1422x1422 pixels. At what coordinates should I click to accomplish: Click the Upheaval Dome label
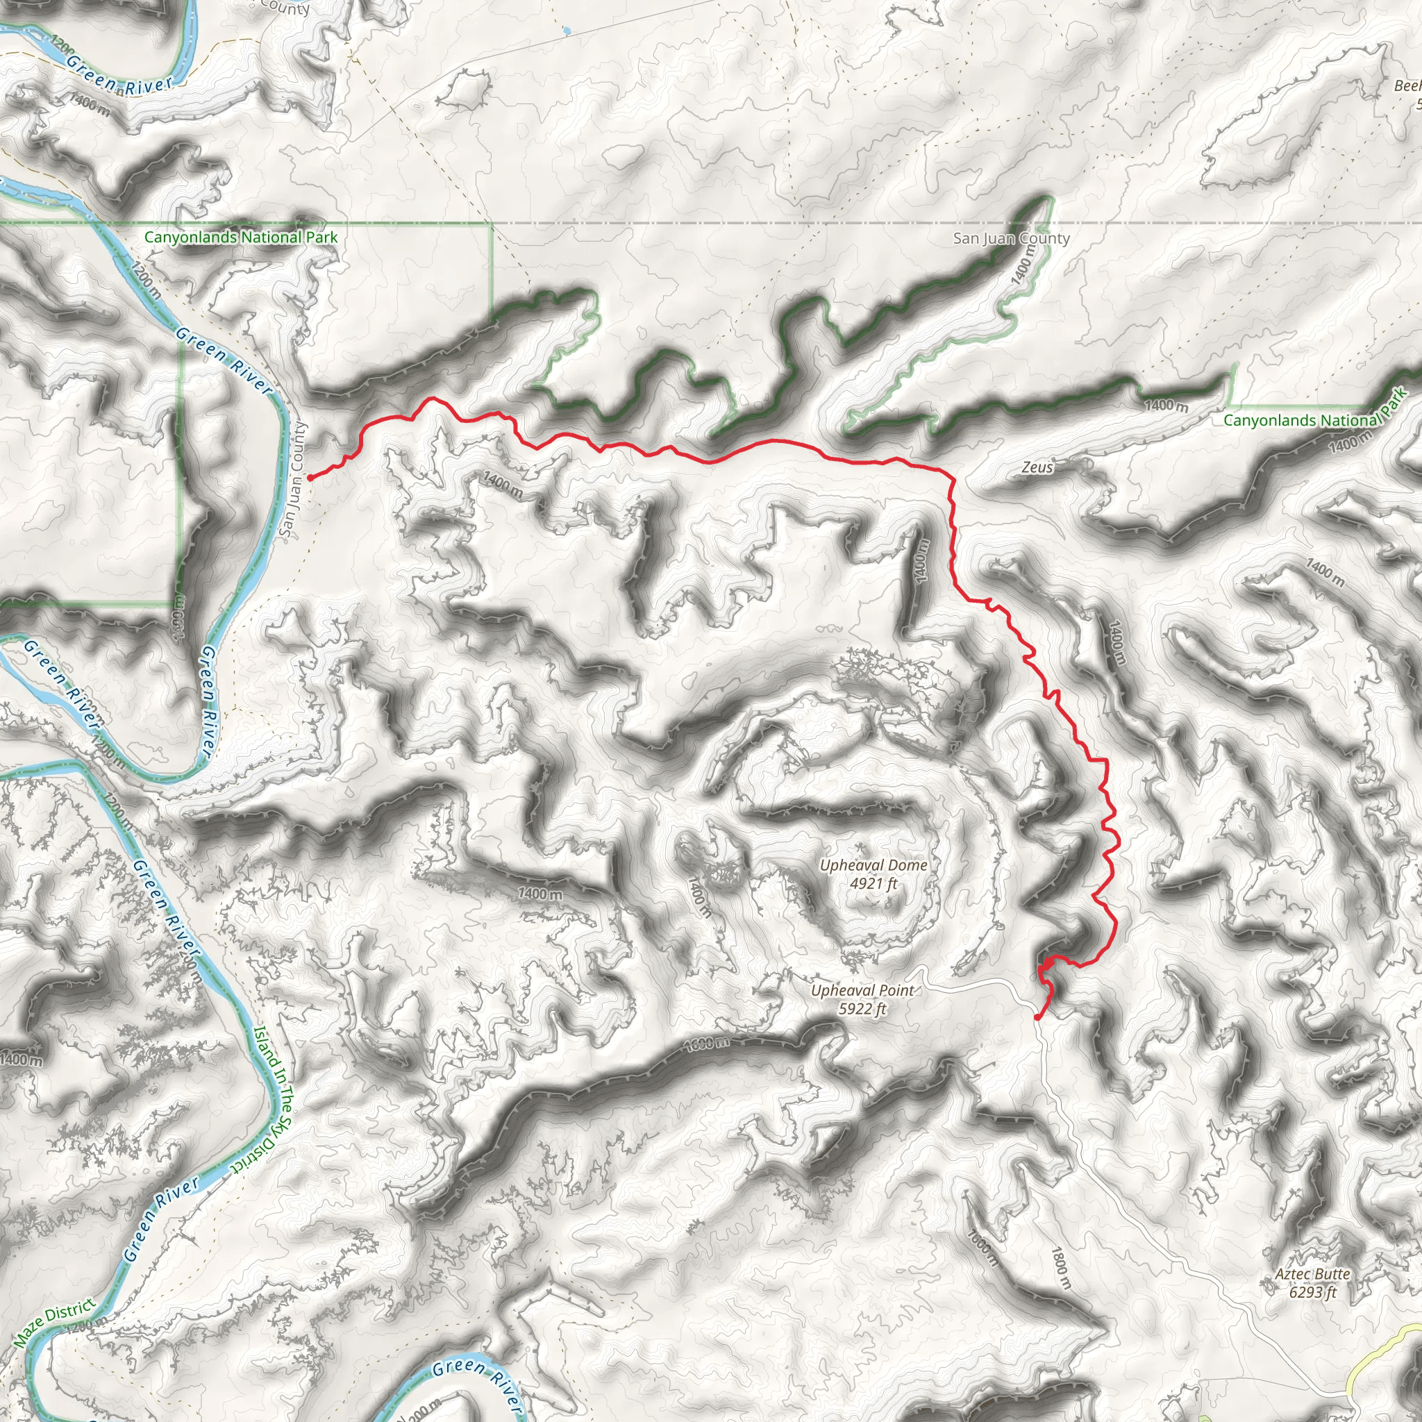[x=873, y=866]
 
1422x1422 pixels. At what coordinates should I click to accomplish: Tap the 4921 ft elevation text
[x=873, y=883]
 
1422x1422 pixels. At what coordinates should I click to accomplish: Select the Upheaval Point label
[x=862, y=991]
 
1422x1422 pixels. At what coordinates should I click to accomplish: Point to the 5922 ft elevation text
[x=862, y=1008]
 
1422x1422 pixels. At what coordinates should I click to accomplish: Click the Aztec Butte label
[x=1312, y=1274]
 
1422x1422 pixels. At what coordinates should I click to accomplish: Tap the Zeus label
[x=1037, y=467]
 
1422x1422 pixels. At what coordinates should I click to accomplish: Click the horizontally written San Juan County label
[x=1011, y=238]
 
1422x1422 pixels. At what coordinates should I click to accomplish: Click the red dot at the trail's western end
[x=310, y=478]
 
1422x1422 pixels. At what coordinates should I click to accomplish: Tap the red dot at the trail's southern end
[x=1037, y=1018]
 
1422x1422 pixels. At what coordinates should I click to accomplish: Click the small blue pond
[x=565, y=31]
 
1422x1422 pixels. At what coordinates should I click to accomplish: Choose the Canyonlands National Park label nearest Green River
[x=241, y=237]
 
